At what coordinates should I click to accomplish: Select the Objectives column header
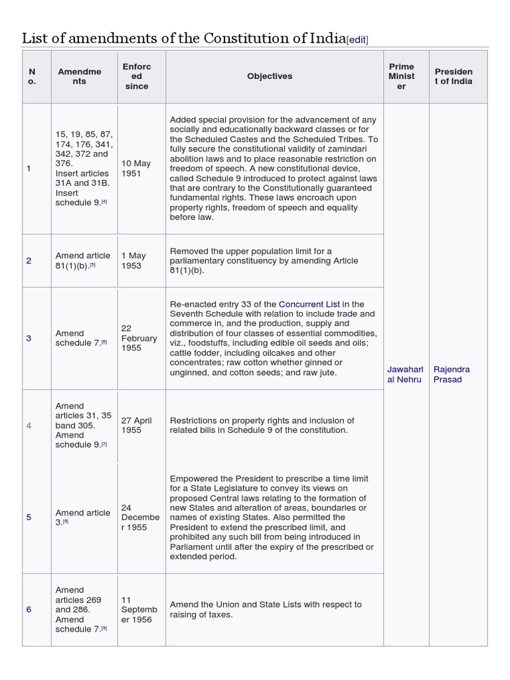(x=270, y=76)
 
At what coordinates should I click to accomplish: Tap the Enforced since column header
(x=137, y=76)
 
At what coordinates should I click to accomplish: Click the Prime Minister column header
(x=402, y=76)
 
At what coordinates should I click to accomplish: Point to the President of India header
(x=454, y=76)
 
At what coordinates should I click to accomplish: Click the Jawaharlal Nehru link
(x=404, y=374)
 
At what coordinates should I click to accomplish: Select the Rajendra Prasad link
(x=452, y=374)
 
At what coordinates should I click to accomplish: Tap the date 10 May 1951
(x=137, y=168)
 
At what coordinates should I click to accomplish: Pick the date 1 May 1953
(x=133, y=260)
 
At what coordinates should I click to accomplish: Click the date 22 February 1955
(x=139, y=338)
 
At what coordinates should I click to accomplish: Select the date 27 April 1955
(x=137, y=425)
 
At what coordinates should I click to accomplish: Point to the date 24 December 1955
(x=137, y=517)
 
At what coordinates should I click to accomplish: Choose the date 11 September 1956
(x=137, y=610)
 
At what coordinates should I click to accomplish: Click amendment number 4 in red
(x=29, y=425)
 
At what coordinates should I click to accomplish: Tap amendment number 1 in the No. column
(x=29, y=169)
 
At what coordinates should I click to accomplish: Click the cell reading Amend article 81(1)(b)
(x=83, y=260)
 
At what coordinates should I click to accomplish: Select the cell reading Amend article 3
(x=83, y=517)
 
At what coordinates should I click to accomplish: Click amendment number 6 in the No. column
(x=29, y=610)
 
